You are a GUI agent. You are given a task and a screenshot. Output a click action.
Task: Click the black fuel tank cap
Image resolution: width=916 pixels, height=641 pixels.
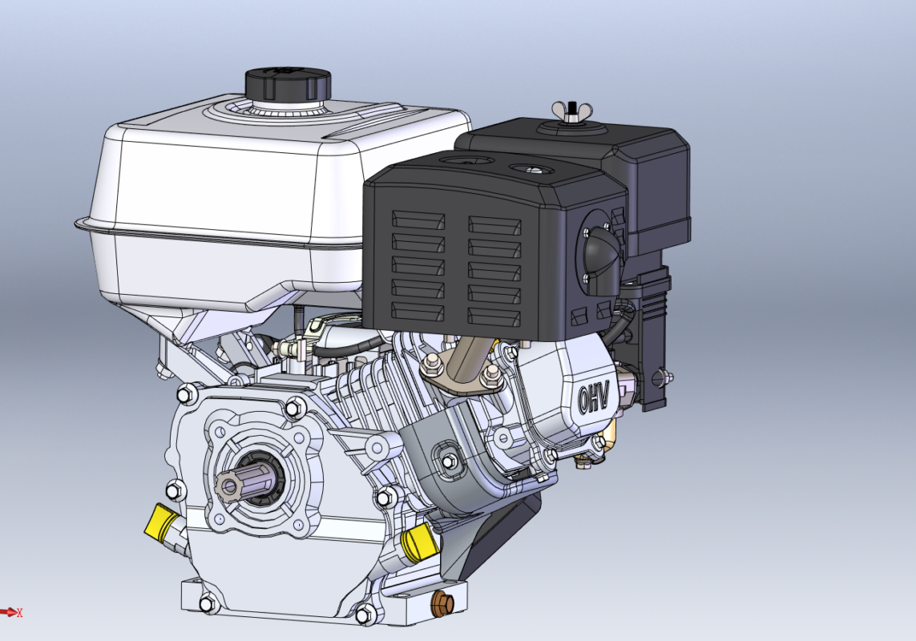[x=288, y=84]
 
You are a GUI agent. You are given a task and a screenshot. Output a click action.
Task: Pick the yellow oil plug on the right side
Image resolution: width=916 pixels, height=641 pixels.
[x=418, y=542]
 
